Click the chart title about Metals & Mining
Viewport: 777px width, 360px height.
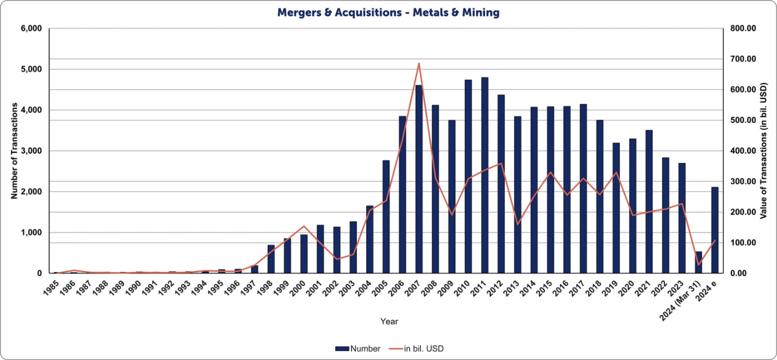coord(388,12)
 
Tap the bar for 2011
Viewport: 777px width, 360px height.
coord(485,175)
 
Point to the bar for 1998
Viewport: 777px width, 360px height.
coord(271,259)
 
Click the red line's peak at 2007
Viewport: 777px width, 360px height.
coord(419,64)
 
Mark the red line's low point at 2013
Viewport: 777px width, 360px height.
coord(517,224)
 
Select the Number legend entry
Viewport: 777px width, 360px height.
coord(358,349)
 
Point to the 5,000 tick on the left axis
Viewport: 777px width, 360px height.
coord(32,69)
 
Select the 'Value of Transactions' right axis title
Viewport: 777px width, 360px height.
coord(763,151)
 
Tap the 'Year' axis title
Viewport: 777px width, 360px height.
coord(389,322)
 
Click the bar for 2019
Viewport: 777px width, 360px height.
coord(616,208)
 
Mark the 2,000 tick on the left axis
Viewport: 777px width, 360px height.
coord(32,192)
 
